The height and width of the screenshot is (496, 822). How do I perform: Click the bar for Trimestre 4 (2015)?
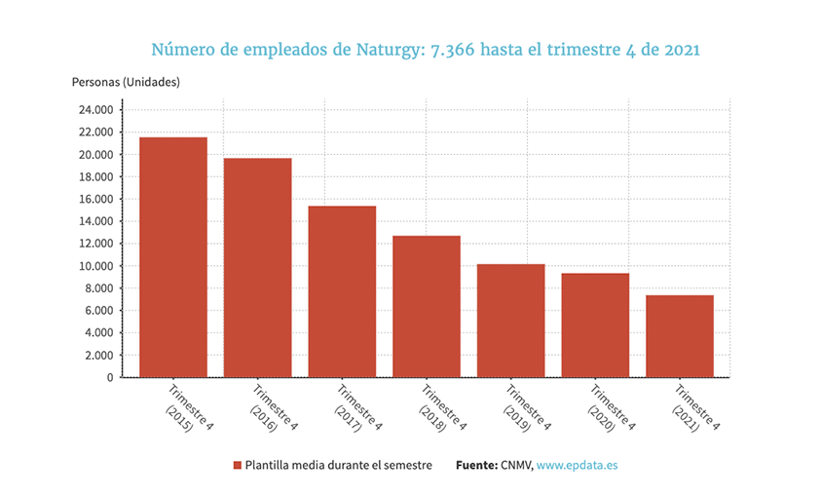coord(173,257)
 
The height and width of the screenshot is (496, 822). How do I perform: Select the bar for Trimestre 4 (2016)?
coord(257,268)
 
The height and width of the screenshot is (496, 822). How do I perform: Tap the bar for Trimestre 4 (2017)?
coord(342,291)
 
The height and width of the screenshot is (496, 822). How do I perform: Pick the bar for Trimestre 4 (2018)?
coord(427,306)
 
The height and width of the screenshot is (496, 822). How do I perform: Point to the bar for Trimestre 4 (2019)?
coord(510,321)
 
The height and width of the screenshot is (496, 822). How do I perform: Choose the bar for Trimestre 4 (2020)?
coord(595,325)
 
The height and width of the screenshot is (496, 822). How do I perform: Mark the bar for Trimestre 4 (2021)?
coord(680,336)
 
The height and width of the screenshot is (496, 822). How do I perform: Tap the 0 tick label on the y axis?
coord(108,377)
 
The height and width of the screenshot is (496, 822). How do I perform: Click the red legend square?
coord(237,466)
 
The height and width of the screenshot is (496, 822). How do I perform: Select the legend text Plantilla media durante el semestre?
coord(338,466)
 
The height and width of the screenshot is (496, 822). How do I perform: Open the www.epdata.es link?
coord(577,466)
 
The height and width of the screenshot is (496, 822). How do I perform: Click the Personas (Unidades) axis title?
coord(126,82)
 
